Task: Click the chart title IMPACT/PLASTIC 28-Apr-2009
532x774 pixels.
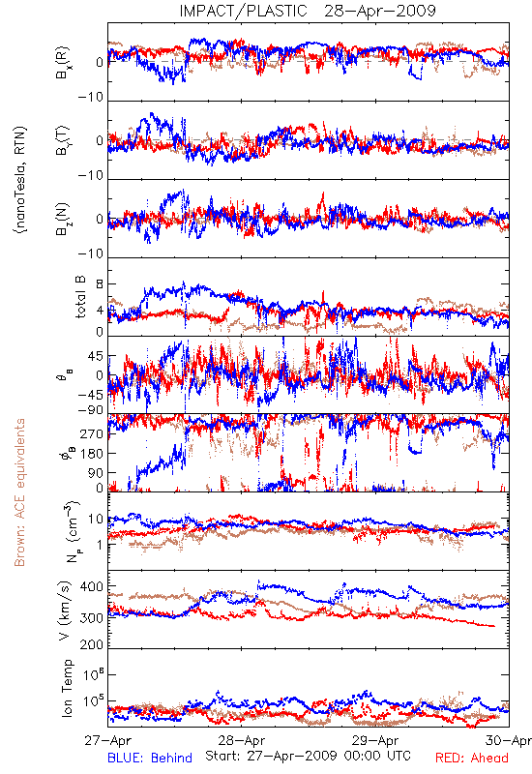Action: point(308,11)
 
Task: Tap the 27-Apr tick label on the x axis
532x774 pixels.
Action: point(107,740)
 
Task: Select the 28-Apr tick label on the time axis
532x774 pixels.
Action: point(241,740)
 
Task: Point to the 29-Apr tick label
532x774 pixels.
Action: point(375,740)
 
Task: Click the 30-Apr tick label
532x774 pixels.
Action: point(509,740)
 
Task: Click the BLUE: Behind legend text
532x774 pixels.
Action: point(150,758)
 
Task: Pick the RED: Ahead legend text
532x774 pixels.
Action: point(472,758)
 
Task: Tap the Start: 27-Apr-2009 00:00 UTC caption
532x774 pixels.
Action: point(308,756)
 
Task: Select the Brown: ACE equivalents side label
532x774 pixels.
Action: point(18,492)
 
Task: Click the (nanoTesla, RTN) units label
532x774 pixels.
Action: point(19,180)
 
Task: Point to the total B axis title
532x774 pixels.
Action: point(80,296)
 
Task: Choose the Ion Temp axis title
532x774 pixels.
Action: point(67,688)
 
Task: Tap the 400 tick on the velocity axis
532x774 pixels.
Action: point(92,586)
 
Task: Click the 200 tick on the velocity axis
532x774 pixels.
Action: point(92,644)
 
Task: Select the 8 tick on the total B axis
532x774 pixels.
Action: point(100,284)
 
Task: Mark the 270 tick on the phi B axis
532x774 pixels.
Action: point(92,433)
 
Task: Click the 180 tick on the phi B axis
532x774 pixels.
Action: point(92,453)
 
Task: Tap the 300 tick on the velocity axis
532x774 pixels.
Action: point(92,617)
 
